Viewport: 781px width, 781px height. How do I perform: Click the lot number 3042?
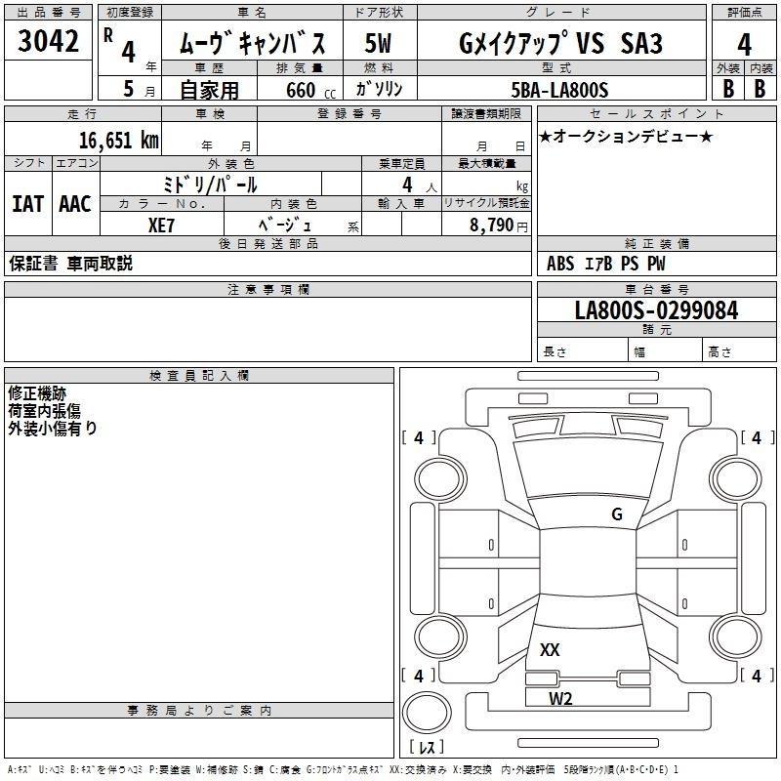tap(48, 41)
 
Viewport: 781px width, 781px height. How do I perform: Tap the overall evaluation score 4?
tap(744, 45)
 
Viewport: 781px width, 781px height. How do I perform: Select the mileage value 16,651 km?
tap(118, 140)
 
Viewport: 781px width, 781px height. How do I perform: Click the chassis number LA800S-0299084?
tap(656, 310)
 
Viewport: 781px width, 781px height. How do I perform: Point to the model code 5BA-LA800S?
tap(559, 90)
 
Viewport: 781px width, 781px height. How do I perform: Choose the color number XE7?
tap(161, 226)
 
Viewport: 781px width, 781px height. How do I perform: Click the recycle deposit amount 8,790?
tap(491, 226)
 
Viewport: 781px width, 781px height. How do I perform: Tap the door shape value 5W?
tap(378, 43)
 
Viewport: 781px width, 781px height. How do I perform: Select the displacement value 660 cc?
tap(310, 91)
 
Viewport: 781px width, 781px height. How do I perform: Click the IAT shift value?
tap(28, 204)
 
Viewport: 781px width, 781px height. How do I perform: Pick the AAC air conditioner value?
tap(75, 204)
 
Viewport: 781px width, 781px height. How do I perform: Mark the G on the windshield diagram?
tap(617, 514)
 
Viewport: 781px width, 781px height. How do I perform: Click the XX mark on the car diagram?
tap(550, 650)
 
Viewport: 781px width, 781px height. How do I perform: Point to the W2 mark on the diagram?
tap(560, 699)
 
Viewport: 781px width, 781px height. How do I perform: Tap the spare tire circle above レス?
tap(427, 713)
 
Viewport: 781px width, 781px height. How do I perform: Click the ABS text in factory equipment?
tap(560, 264)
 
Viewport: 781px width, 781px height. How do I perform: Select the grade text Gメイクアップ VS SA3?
tap(560, 43)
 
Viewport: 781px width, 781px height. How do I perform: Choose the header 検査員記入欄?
tap(199, 376)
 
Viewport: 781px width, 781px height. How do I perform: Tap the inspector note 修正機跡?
tap(37, 393)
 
